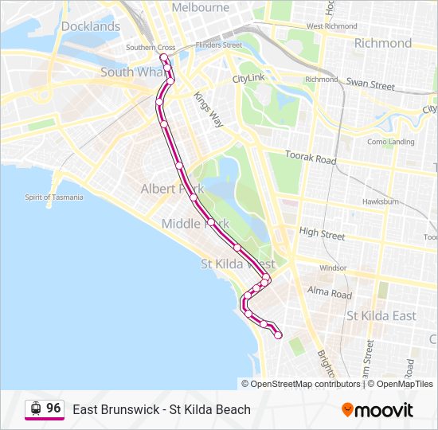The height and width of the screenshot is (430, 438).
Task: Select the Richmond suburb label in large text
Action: click(x=382, y=43)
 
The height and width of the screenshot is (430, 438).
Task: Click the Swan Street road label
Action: click(x=370, y=84)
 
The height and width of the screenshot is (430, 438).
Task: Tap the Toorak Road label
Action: click(x=315, y=158)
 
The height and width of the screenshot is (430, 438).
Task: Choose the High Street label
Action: click(x=322, y=233)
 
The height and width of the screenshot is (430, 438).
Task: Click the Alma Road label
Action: click(x=329, y=294)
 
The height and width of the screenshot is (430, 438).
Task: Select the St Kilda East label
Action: click(x=381, y=316)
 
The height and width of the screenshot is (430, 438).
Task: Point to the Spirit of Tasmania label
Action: click(x=53, y=197)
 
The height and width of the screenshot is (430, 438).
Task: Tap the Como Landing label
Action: click(x=390, y=142)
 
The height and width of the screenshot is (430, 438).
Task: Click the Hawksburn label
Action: click(x=380, y=202)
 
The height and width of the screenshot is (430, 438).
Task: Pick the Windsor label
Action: click(x=333, y=268)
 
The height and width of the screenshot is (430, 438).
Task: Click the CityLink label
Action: click(x=248, y=80)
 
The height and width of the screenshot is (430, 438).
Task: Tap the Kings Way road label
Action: click(x=209, y=108)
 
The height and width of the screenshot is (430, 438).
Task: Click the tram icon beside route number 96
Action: click(x=35, y=408)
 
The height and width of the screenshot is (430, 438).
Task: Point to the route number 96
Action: click(x=53, y=408)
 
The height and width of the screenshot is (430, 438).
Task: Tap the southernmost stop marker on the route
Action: click(x=278, y=336)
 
